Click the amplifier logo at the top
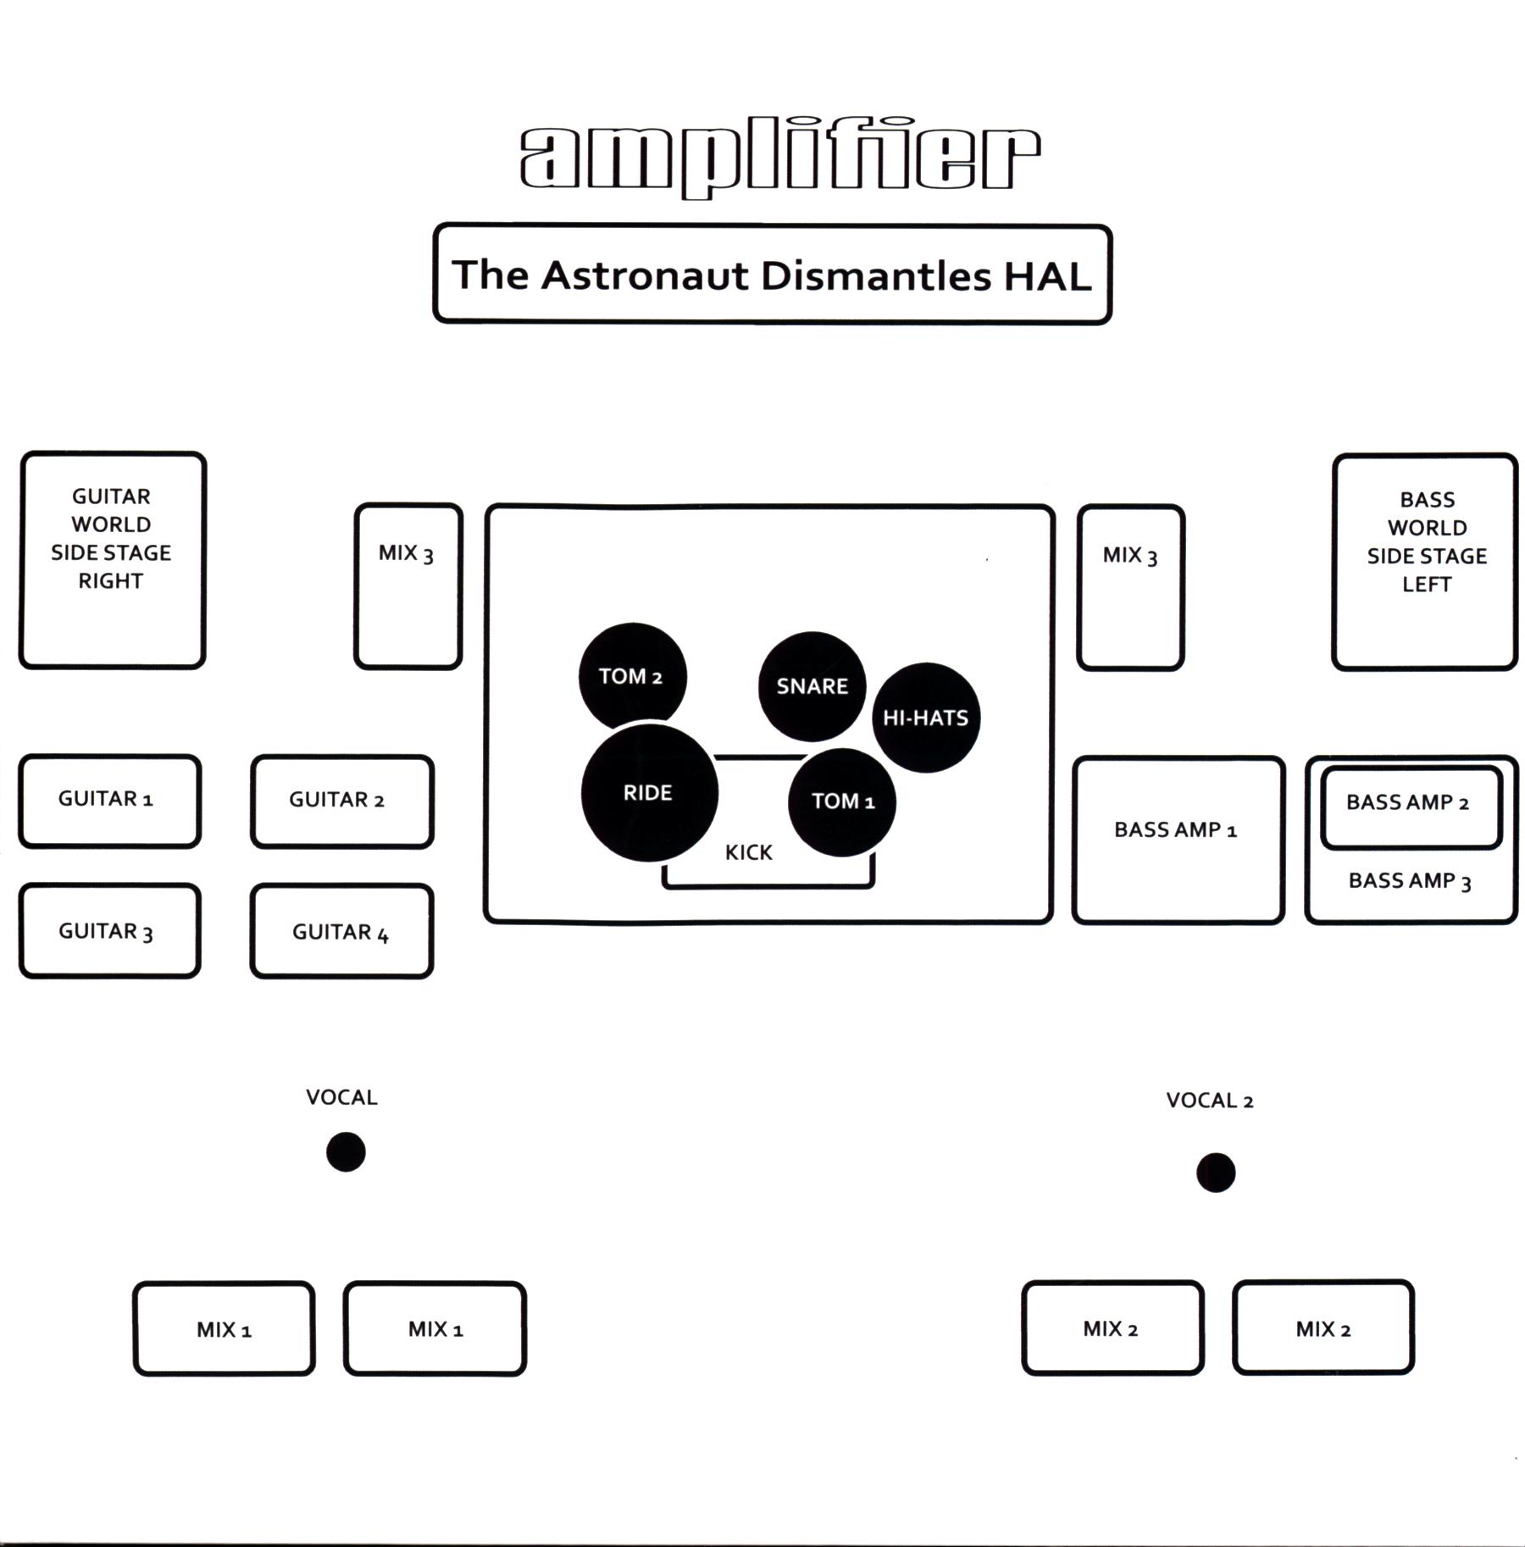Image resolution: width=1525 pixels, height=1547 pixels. click(779, 158)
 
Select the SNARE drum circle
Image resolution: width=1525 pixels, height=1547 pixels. click(812, 685)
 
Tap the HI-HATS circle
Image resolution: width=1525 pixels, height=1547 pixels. click(925, 718)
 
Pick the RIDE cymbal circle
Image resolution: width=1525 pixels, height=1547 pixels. click(648, 792)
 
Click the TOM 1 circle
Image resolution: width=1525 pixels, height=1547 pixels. click(842, 801)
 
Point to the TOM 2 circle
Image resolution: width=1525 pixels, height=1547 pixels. click(631, 676)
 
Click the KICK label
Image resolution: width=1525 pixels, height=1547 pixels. click(748, 852)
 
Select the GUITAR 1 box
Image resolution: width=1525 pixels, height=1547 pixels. click(109, 801)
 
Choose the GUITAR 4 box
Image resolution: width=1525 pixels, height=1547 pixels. click(341, 932)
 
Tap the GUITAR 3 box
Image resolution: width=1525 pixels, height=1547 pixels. click(109, 931)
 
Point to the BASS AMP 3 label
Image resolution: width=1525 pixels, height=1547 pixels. click(1410, 882)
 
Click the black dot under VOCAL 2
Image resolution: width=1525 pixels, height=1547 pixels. click(1216, 1173)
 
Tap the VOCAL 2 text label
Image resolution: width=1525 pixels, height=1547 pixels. click(1209, 1101)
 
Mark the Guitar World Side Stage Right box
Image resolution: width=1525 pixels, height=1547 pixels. click(112, 559)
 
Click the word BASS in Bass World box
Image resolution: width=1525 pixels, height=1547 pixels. click(1428, 500)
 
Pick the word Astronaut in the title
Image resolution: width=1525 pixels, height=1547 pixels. click(646, 276)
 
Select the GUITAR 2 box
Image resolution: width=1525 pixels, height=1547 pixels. click(341, 801)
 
